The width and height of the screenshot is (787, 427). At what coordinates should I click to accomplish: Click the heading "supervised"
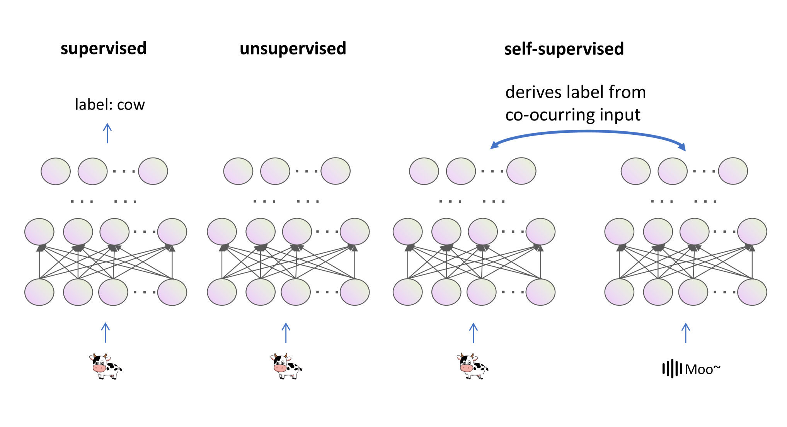104,49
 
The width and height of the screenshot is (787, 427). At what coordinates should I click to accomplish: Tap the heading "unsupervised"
293,49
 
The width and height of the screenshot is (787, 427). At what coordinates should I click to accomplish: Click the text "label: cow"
110,105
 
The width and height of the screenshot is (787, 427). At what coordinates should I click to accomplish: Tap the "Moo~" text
702,369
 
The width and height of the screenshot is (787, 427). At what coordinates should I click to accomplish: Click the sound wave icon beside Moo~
672,368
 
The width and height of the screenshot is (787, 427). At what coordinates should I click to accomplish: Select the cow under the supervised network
105,366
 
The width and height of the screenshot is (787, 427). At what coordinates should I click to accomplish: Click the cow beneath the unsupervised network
286,366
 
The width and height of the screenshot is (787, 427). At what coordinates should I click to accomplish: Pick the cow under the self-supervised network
472,366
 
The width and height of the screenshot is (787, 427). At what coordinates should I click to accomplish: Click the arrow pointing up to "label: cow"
107,133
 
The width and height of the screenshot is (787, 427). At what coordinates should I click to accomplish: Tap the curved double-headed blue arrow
588,132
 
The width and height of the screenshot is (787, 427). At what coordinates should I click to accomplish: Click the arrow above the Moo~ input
686,333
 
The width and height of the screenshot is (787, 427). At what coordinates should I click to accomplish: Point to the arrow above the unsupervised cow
286,333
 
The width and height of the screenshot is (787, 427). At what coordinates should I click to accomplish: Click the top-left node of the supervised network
56,171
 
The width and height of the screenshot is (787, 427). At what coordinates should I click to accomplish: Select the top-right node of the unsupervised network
336,171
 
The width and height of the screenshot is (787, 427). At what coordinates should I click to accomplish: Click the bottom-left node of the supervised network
39,292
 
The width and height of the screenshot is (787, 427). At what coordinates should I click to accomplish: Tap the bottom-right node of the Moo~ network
752,292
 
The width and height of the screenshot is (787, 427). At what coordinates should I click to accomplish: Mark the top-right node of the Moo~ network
733,171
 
